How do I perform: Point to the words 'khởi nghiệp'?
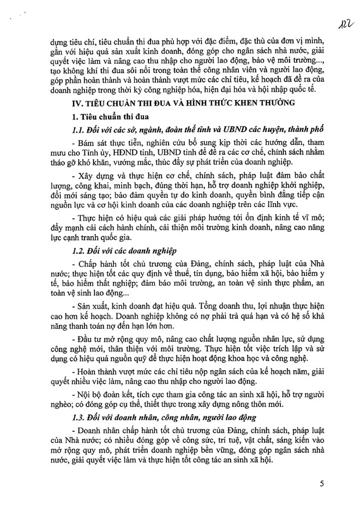[x=293, y=188]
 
